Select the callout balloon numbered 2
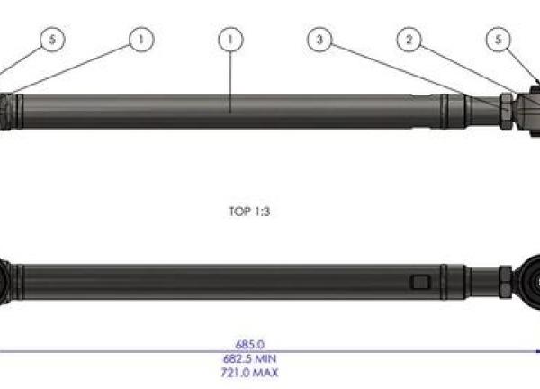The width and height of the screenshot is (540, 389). click(409, 40)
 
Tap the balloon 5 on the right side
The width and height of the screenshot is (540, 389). click(498, 40)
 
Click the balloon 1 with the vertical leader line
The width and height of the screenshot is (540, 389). click(231, 40)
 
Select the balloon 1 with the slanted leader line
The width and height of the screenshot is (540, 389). click(139, 40)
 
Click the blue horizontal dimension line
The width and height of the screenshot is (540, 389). click(135, 350)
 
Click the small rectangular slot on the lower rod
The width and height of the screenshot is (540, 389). click(418, 283)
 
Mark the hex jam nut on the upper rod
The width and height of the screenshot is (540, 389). click(508, 110)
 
